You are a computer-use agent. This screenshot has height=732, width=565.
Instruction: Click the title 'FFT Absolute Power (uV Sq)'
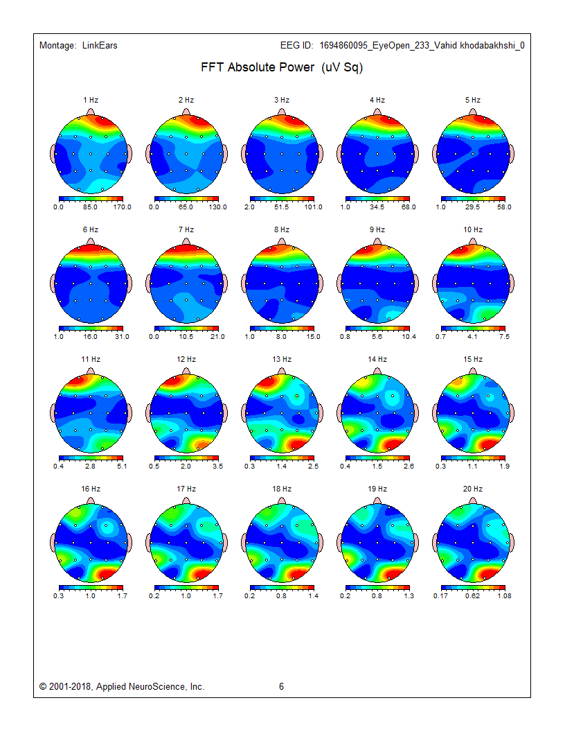(x=282, y=68)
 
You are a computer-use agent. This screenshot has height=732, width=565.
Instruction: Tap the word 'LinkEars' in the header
(x=100, y=46)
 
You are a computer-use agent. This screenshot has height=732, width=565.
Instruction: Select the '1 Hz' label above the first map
(x=91, y=100)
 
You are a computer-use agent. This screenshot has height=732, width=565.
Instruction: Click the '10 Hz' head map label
(x=473, y=229)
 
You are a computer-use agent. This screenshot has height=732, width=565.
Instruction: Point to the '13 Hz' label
(x=282, y=359)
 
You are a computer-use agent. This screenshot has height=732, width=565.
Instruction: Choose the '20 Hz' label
(x=473, y=489)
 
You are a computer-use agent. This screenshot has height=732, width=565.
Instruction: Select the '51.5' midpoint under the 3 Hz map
(x=282, y=207)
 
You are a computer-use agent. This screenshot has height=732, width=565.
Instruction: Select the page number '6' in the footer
(x=282, y=687)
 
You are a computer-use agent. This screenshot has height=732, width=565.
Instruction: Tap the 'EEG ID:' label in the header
(x=297, y=46)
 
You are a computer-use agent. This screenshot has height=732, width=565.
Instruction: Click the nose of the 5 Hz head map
(x=473, y=111)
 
